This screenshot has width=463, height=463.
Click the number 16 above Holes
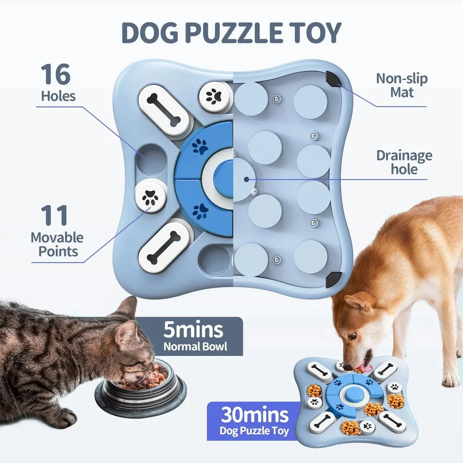coord(55,74)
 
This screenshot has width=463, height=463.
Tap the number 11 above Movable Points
coord(54,215)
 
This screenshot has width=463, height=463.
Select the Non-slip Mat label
coord(401,85)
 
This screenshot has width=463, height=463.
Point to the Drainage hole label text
coord(404,162)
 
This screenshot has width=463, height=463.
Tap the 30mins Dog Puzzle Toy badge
coord(254,421)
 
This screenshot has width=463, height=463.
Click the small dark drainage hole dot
coord(246,179)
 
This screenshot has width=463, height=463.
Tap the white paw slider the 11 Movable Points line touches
coord(151,196)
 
